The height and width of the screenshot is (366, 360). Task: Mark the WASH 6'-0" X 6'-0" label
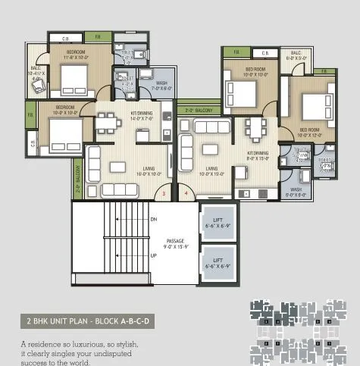295,192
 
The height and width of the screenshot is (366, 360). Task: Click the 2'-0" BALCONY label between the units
199,110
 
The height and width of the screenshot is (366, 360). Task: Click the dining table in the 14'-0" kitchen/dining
107,122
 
